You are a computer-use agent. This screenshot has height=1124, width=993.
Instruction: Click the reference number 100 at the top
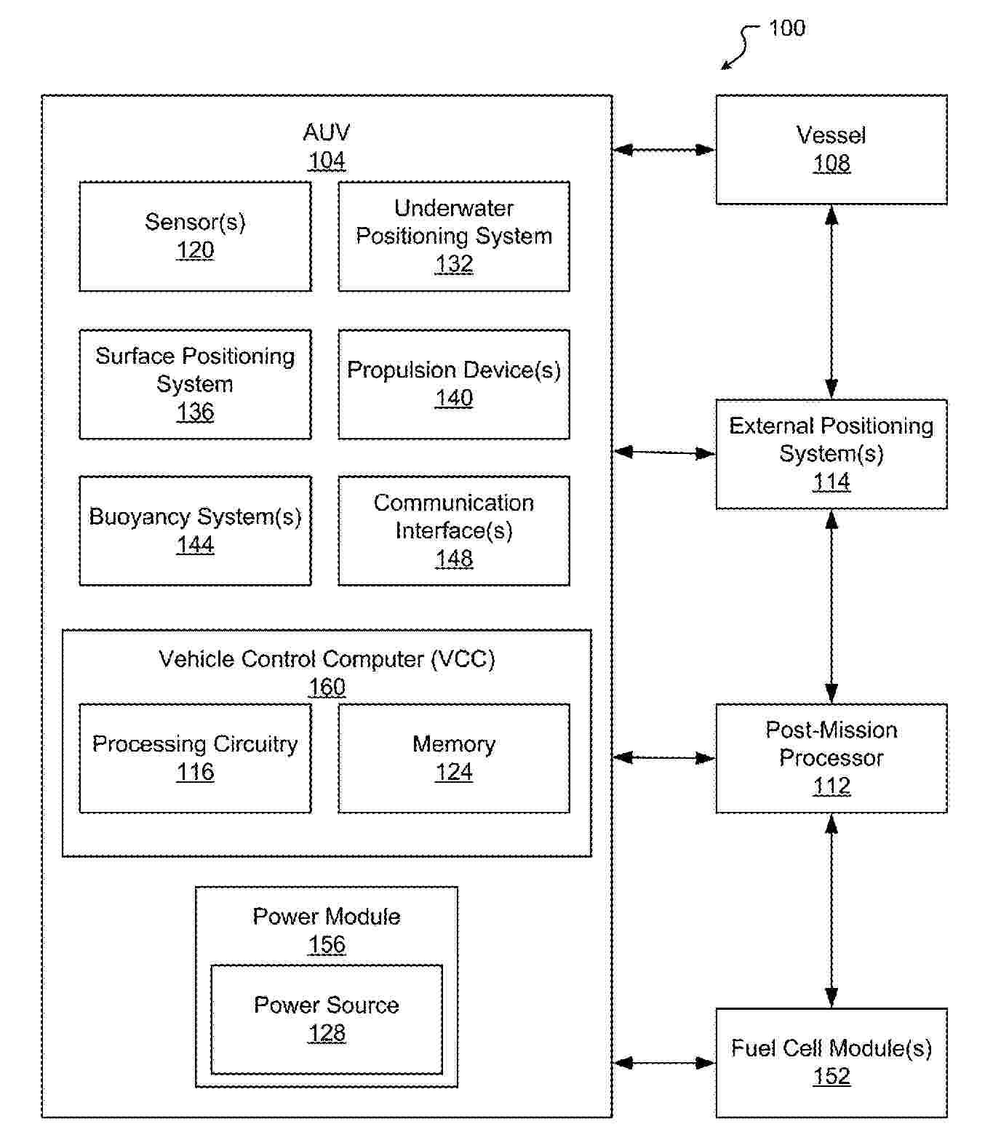click(786, 28)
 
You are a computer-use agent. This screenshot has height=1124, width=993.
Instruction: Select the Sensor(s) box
click(195, 236)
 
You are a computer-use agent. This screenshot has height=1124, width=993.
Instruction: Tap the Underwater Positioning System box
click(454, 236)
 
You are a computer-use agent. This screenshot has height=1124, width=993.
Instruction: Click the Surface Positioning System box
click(195, 384)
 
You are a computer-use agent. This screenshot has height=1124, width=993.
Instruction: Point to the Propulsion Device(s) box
click(454, 384)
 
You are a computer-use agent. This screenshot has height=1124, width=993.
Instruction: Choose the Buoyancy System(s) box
click(195, 531)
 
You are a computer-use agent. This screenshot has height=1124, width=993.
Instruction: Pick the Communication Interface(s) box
click(454, 531)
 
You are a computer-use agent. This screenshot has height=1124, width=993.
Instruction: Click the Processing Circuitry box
click(195, 758)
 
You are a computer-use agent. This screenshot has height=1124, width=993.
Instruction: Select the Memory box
click(454, 758)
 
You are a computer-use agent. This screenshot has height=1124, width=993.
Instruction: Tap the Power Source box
click(327, 1020)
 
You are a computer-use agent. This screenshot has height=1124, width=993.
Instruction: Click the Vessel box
click(832, 150)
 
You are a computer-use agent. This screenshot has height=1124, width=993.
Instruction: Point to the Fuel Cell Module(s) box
click(832, 1062)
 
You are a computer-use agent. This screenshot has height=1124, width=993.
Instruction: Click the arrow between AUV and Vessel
click(664, 149)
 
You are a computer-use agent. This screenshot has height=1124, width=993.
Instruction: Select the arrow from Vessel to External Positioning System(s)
click(832, 302)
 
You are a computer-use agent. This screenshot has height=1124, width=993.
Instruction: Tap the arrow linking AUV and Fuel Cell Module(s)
click(664, 1062)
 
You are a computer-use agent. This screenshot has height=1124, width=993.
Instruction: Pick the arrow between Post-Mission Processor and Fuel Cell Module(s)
click(832, 910)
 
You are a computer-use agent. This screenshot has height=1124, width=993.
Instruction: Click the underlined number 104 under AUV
click(327, 161)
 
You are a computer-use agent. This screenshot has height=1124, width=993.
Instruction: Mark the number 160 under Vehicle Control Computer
click(327, 687)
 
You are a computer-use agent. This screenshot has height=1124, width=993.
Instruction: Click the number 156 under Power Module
click(327, 944)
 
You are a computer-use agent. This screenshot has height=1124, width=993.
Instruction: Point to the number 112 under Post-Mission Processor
click(832, 786)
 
